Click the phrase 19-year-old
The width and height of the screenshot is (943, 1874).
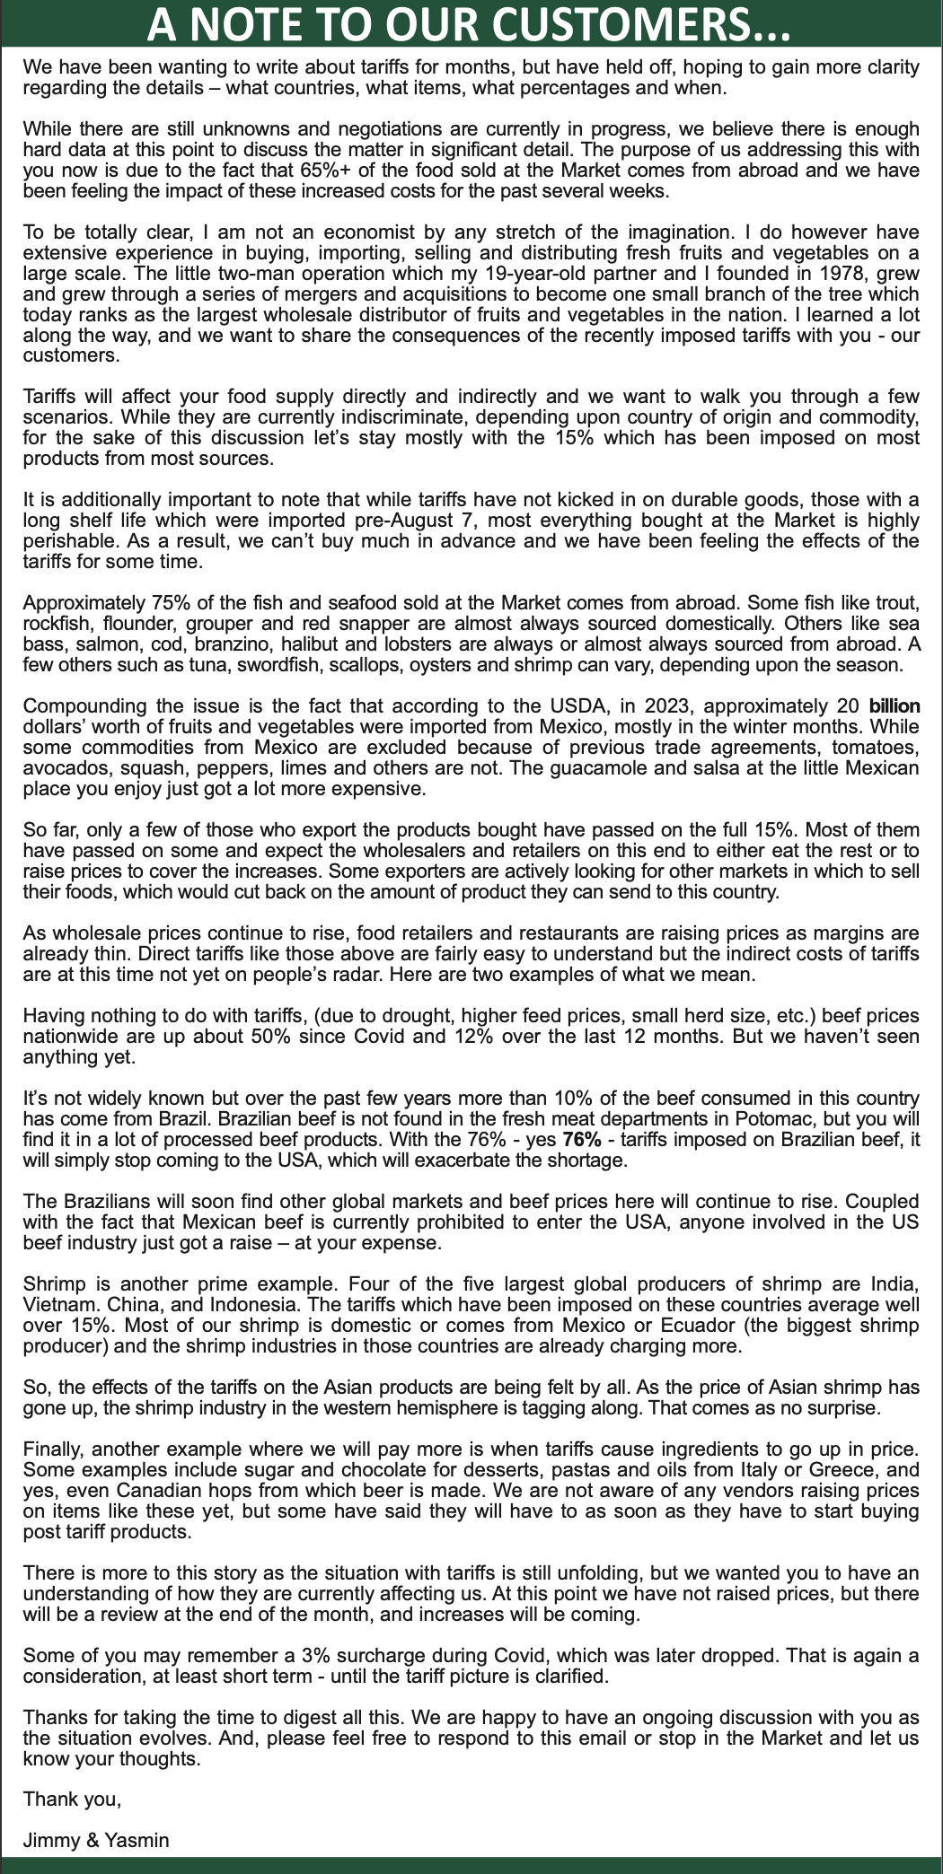pyautogui.click(x=480, y=274)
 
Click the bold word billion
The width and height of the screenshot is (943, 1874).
pyautogui.click(x=895, y=706)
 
